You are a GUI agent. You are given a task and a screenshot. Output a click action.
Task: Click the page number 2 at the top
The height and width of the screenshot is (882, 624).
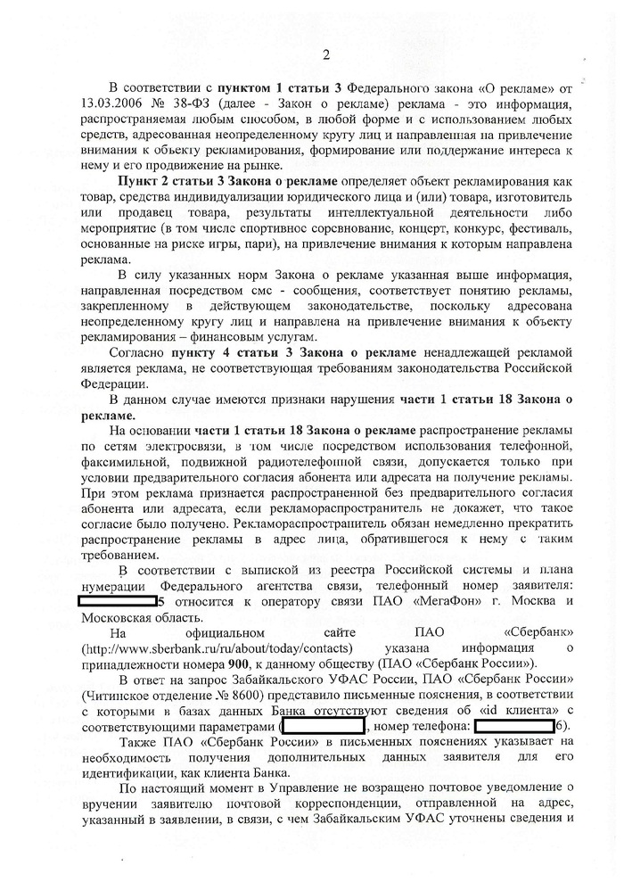pyautogui.click(x=324, y=57)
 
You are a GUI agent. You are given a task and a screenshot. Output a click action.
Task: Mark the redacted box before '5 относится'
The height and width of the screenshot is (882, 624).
pyautogui.click(x=117, y=601)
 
